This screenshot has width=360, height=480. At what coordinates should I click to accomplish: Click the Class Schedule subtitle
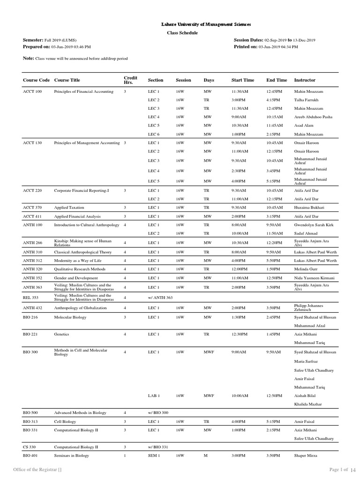pos(182,33)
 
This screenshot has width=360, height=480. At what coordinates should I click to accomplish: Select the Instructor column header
pos(305,80)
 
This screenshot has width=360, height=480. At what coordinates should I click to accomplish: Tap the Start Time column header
pos(243,80)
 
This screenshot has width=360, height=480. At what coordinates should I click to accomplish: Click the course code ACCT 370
pos(32,207)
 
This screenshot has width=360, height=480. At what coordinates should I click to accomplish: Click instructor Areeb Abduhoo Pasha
pos(314,117)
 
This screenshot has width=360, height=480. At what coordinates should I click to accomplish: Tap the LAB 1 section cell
pos(154,396)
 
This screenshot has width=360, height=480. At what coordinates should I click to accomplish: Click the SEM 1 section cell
pos(154,456)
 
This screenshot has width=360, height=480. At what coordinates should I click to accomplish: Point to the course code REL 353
pos(31,298)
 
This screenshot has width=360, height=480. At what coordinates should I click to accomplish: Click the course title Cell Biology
pos(65,421)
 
